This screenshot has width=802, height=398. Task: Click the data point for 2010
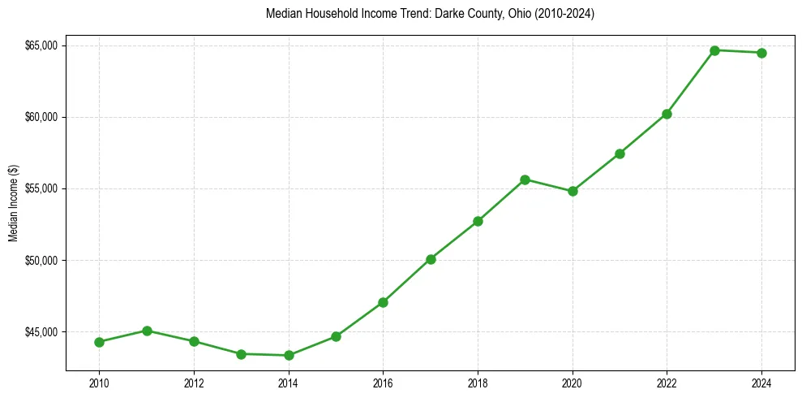click(x=99, y=342)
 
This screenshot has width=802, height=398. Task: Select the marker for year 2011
click(x=147, y=331)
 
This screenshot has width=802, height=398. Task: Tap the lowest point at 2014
click(x=289, y=355)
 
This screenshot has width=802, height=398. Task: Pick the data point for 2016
click(x=383, y=302)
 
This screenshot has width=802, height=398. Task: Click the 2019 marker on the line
click(x=525, y=180)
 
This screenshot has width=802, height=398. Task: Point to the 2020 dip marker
click(x=573, y=191)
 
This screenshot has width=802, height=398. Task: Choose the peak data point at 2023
click(x=714, y=50)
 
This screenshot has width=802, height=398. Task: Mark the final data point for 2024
click(x=761, y=53)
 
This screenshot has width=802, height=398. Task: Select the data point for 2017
click(x=431, y=259)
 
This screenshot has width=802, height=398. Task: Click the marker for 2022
click(x=667, y=114)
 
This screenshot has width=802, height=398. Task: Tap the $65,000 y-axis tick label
click(x=41, y=45)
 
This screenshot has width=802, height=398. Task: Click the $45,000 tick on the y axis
click(x=41, y=332)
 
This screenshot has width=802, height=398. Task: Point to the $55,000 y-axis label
click(x=41, y=188)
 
